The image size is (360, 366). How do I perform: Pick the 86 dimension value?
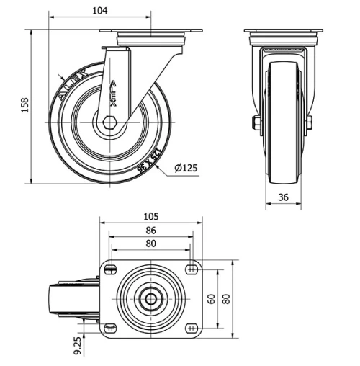click(x=150, y=231)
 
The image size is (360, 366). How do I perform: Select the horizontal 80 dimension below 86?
click(x=150, y=244)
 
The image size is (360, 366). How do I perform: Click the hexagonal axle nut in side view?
click(x=111, y=122)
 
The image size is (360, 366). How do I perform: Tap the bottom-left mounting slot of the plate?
click(x=110, y=328)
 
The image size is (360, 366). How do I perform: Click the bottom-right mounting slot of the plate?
click(x=192, y=328)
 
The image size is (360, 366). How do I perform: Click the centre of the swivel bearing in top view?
click(x=150, y=298)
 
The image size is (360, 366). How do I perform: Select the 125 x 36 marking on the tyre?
click(x=149, y=161)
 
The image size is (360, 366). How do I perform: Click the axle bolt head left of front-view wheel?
click(x=256, y=124)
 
